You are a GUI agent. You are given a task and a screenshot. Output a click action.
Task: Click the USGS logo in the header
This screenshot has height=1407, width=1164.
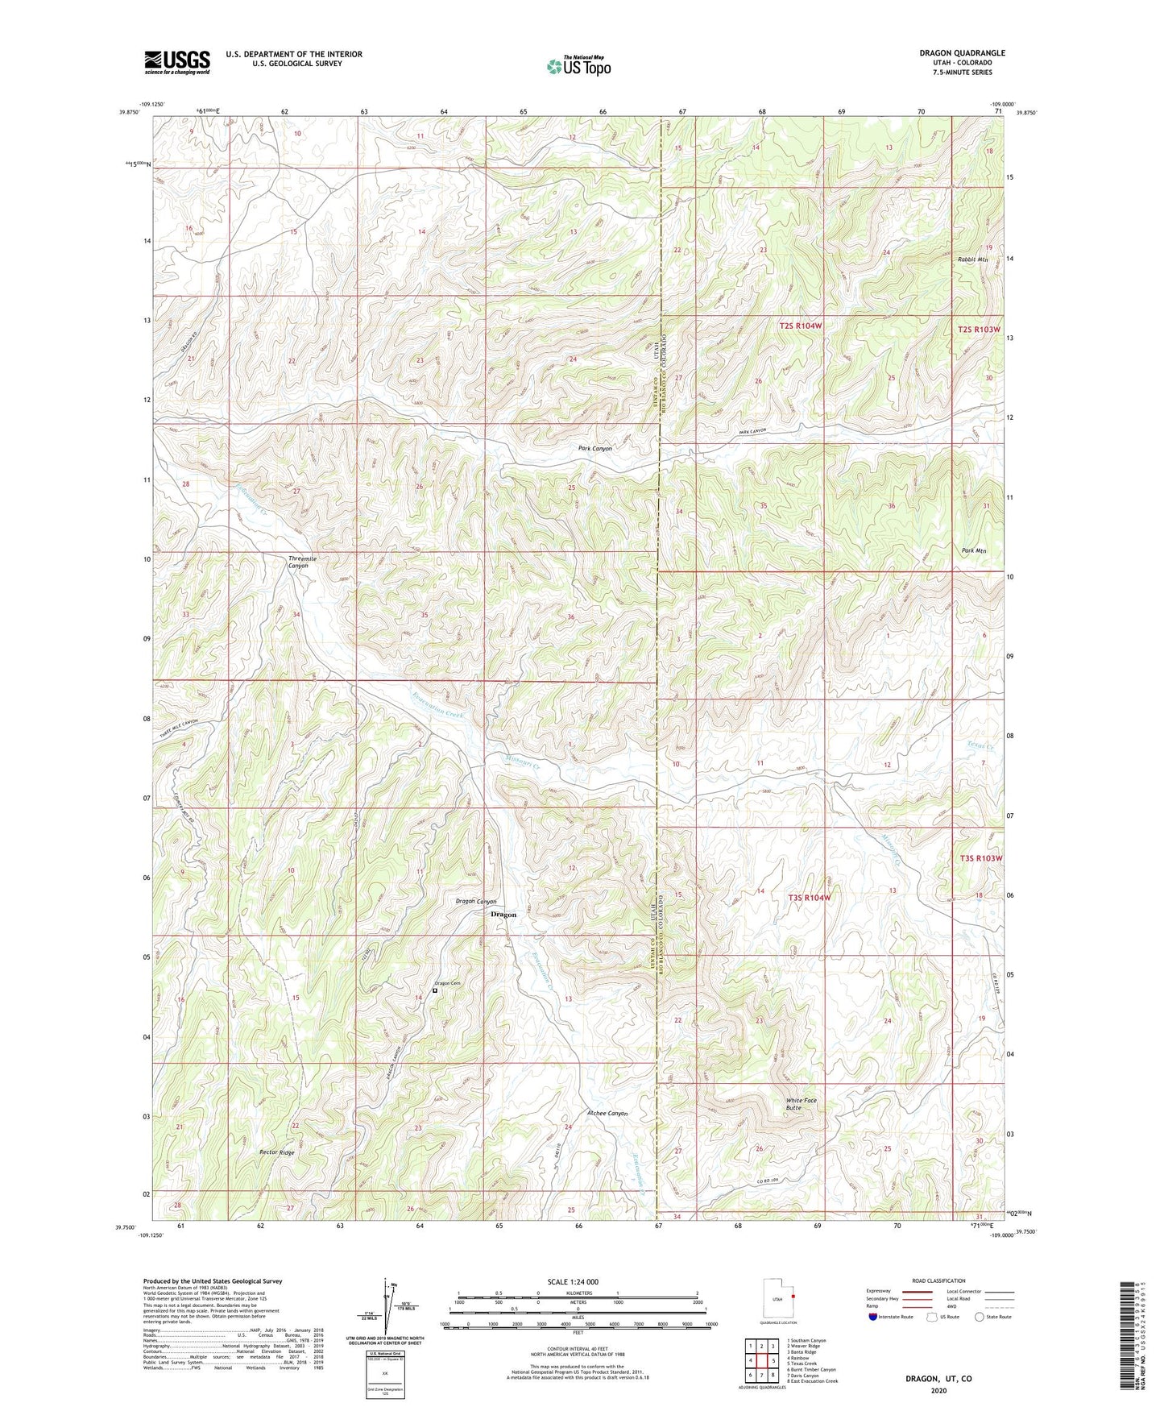(177, 62)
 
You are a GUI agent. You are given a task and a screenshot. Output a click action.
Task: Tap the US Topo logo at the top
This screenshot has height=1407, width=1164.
(578, 67)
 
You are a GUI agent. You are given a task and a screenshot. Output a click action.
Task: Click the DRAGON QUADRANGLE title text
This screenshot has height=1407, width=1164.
(962, 53)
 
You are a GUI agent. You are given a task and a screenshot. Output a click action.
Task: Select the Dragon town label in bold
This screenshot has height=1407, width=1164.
(503, 915)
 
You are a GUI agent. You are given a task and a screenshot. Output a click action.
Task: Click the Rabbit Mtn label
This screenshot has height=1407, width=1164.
(972, 259)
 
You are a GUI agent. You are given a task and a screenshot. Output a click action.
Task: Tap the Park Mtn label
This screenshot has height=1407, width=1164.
(974, 551)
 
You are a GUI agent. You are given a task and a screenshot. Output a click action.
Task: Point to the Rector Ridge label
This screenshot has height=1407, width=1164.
(276, 1152)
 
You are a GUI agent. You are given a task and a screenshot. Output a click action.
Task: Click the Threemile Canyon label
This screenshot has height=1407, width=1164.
(298, 562)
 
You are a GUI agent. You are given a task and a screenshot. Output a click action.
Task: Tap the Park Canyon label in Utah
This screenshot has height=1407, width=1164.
(594, 448)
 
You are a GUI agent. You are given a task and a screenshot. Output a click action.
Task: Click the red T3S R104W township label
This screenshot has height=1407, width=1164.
(808, 897)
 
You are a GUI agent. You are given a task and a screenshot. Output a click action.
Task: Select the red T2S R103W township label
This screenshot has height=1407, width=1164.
(980, 330)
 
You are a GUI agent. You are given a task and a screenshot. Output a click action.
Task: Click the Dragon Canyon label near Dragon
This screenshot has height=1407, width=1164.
(476, 902)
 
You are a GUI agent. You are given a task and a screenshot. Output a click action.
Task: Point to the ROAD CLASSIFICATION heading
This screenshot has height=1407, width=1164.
(940, 1280)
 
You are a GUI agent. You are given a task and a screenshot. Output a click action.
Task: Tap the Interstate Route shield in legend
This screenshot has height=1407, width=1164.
(874, 1317)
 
